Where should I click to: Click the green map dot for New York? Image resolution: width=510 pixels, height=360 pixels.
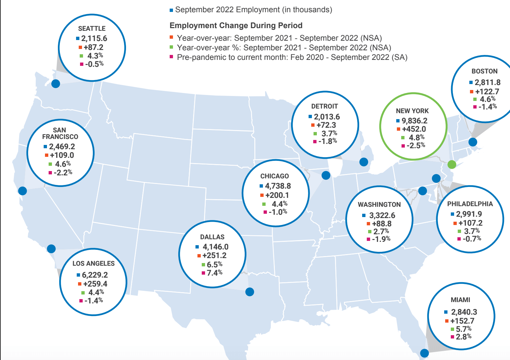pyautogui.click(x=451, y=164)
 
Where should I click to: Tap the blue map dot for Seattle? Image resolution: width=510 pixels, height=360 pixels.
pyautogui.click(x=56, y=83)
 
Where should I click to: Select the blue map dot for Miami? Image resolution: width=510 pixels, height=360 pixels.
pyautogui.click(x=424, y=353)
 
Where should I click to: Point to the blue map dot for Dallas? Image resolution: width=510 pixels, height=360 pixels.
pyautogui.click(x=250, y=292)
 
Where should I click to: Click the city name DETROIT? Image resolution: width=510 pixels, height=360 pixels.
pyautogui.click(x=324, y=106)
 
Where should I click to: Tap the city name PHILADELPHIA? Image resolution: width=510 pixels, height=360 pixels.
pyautogui.click(x=470, y=204)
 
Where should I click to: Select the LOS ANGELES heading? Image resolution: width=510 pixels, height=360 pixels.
pyautogui.click(x=94, y=263)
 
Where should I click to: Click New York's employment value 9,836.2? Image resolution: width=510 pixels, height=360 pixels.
pyautogui.click(x=414, y=121)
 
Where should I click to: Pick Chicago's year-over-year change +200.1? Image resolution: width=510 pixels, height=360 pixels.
pyautogui.click(x=277, y=195)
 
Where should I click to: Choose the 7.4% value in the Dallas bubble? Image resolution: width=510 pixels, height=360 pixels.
pyautogui.click(x=214, y=273)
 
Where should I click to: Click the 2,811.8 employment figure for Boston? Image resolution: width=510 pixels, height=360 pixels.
pyautogui.click(x=488, y=82)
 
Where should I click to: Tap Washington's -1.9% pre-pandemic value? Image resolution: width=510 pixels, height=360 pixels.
pyautogui.click(x=381, y=239)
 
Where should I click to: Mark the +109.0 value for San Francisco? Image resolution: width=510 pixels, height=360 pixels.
pyautogui.click(x=62, y=155)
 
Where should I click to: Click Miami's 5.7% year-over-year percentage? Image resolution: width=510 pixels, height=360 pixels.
pyautogui.click(x=463, y=329)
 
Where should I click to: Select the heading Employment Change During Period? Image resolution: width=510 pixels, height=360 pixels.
pyautogui.click(x=236, y=25)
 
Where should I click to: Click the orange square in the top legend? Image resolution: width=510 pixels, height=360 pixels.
pyautogui.click(x=171, y=37)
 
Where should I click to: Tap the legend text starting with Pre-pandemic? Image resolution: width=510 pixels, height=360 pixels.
pyautogui.click(x=292, y=57)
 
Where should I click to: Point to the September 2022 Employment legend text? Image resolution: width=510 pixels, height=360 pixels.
pyautogui.click(x=253, y=10)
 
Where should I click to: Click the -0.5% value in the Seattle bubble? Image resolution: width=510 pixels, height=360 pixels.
pyautogui.click(x=94, y=64)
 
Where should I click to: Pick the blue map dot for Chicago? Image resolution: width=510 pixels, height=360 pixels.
pyautogui.click(x=326, y=175)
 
